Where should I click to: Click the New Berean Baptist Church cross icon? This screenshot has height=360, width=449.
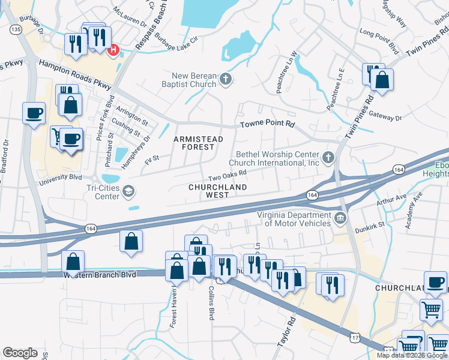tap(226, 79)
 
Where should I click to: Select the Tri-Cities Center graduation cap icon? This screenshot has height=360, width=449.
tap(128, 191)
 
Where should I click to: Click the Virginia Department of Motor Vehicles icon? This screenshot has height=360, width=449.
tap(340, 217)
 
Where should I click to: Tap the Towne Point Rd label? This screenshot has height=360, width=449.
tap(268, 124)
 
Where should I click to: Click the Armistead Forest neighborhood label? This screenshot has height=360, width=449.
tap(198, 143)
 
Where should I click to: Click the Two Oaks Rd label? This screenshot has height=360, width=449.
tap(228, 174)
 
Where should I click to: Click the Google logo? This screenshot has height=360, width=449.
tap(20, 353)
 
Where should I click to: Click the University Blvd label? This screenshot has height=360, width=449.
tap(60, 179)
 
